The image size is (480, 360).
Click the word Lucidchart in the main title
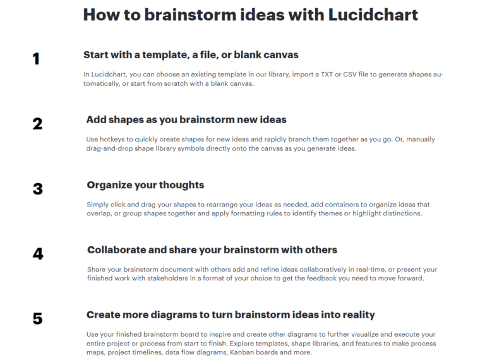click(x=373, y=15)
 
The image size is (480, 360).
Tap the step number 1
click(x=36, y=59)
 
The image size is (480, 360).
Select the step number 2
click(x=37, y=124)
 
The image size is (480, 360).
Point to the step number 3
click(x=38, y=189)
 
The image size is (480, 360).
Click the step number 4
click(x=38, y=254)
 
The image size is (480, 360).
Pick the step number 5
click(x=38, y=319)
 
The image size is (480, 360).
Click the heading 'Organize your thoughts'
click(x=145, y=185)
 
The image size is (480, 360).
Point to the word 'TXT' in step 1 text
click(x=327, y=75)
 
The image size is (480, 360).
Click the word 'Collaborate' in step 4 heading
click(x=116, y=250)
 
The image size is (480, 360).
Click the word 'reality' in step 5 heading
click(x=359, y=315)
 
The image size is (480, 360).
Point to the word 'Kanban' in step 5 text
click(x=241, y=352)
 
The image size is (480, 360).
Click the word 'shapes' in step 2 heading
click(x=126, y=120)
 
